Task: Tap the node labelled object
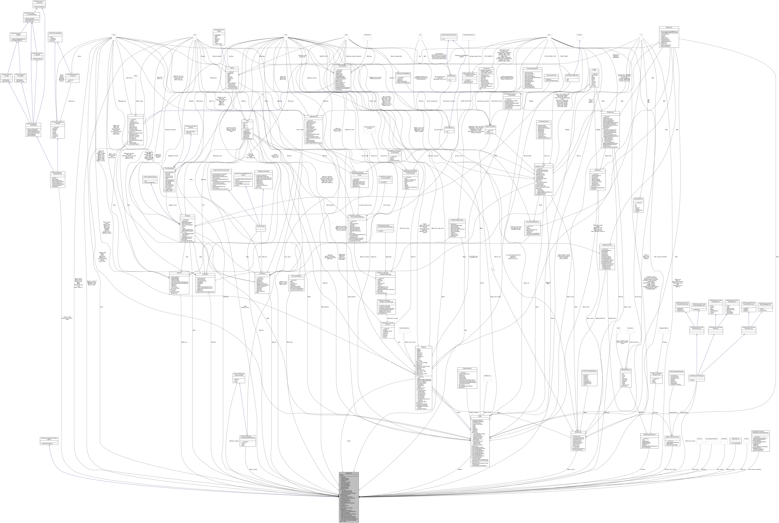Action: pos(135,76)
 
